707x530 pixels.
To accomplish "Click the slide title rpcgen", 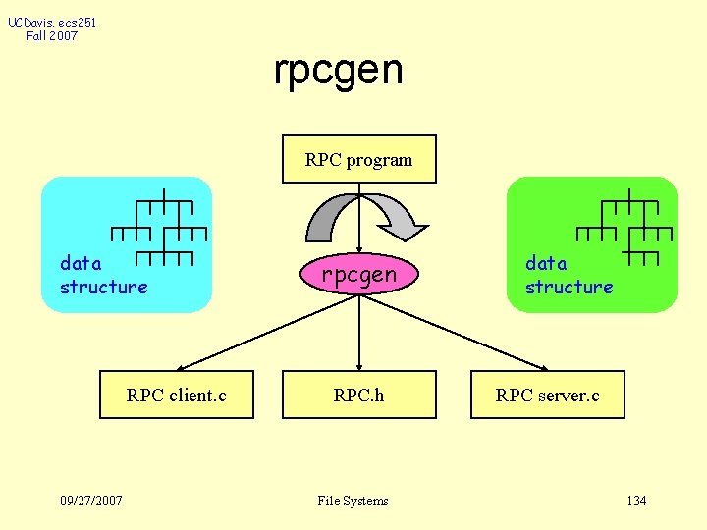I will click(x=338, y=70).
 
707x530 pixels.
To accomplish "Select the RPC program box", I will click(x=358, y=159).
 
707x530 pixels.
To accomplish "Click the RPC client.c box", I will click(x=177, y=395).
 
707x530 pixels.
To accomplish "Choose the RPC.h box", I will click(x=359, y=395).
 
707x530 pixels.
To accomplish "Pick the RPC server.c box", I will click(x=547, y=395).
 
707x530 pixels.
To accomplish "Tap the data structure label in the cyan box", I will click(x=103, y=275).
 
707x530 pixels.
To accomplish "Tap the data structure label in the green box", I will click(x=569, y=275).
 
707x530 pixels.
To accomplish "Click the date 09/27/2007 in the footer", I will click(x=91, y=501).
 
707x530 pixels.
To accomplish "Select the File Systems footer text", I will click(x=353, y=501).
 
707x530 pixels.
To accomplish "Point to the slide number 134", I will click(x=636, y=501).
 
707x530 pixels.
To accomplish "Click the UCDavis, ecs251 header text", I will click(x=52, y=21).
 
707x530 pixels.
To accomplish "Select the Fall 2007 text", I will click(x=52, y=36).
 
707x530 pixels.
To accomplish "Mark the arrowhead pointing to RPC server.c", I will click(x=539, y=366).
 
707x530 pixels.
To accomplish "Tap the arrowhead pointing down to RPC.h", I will click(x=359, y=364).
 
